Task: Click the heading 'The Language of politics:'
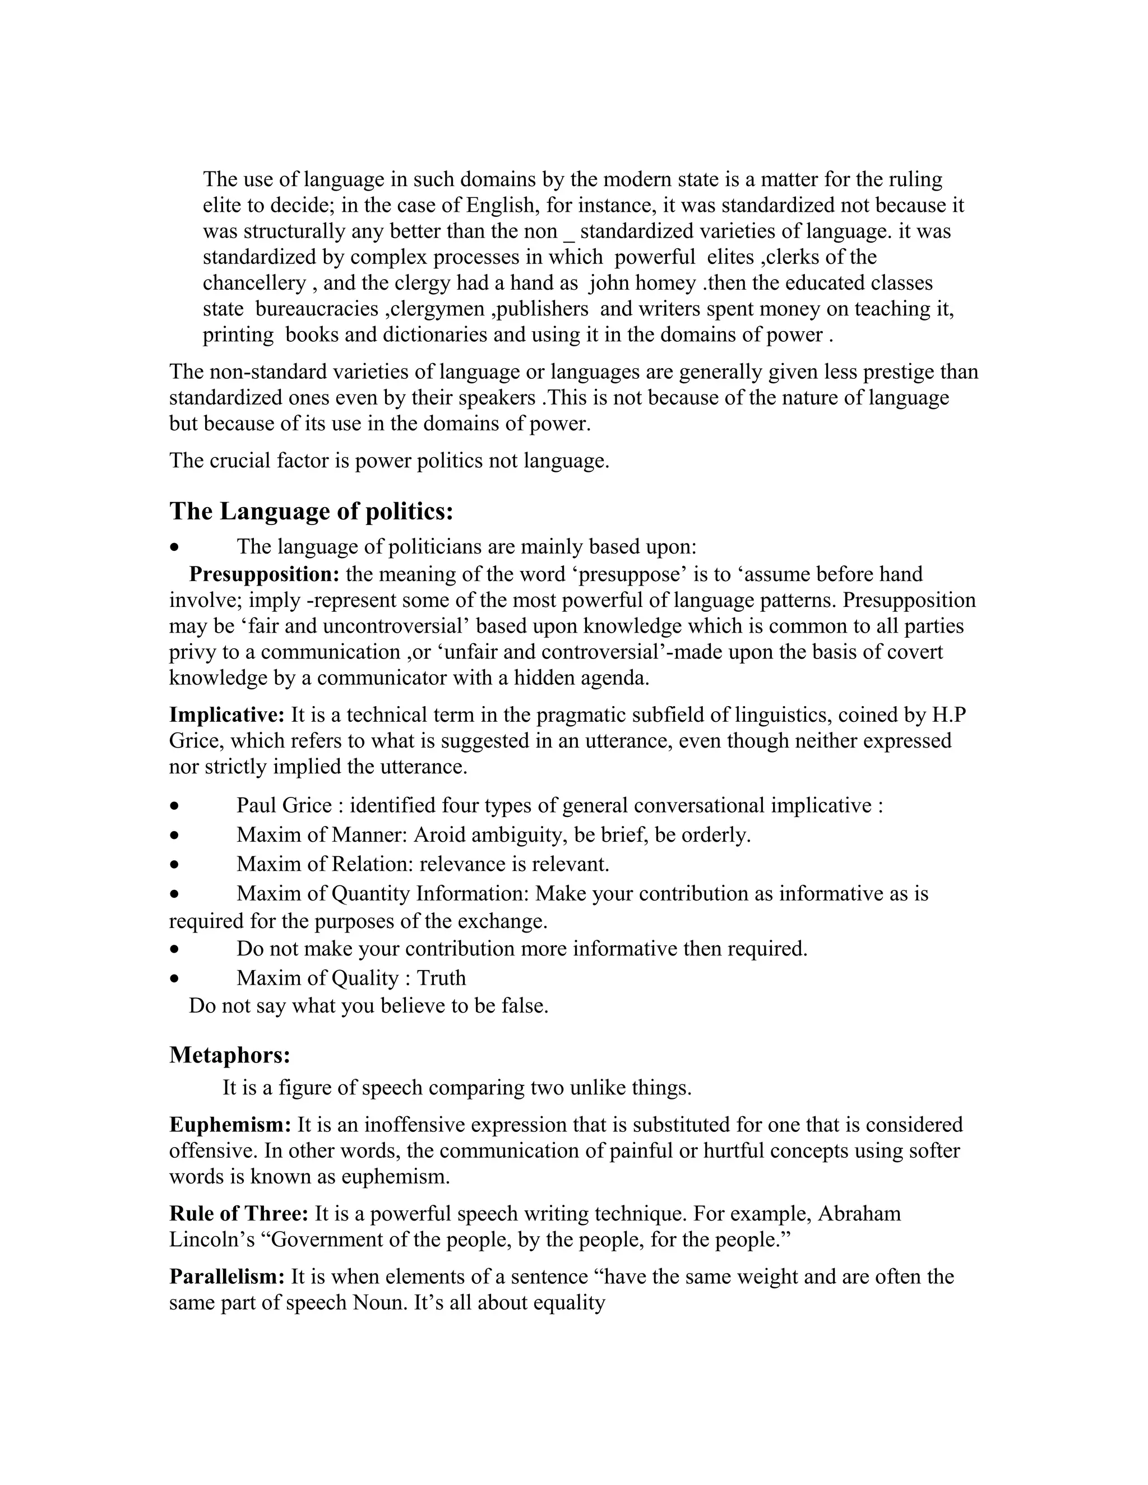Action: tap(311, 511)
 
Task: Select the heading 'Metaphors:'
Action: tap(230, 1055)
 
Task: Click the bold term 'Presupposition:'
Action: tap(264, 574)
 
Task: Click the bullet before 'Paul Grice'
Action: tap(175, 806)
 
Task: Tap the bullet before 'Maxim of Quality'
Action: tap(175, 979)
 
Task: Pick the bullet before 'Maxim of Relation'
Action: tap(175, 865)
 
